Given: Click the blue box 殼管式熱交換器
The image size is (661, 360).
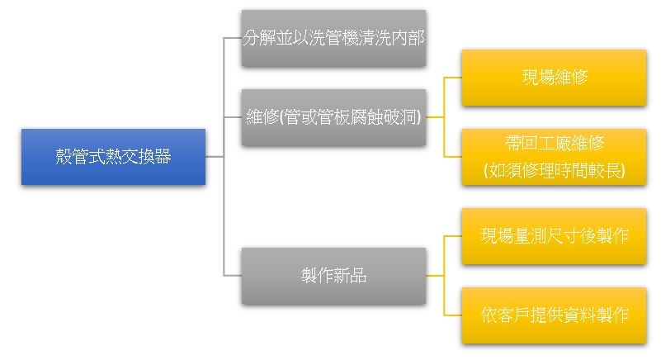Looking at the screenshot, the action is pos(113,157).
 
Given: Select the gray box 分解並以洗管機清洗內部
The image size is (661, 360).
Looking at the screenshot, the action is pos(333,38).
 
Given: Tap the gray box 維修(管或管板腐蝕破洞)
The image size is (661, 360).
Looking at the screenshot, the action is pos(333,117).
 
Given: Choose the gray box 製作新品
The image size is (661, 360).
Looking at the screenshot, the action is pos(333,276).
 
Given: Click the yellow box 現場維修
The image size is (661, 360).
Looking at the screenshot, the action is pos(554,78).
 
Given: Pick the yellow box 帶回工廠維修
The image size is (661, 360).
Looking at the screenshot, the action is pos(554,157).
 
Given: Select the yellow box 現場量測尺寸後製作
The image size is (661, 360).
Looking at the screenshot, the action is pos(554,236).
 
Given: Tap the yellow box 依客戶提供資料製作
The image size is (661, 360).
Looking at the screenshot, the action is pos(554,315).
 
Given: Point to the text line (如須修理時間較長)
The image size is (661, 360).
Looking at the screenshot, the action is pos(554,170).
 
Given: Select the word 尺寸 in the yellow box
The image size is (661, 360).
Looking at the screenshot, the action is pos(563,236).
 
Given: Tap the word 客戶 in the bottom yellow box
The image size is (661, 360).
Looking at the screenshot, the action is pos(513,315).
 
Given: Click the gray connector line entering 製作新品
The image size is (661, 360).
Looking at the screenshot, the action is pos(232,276).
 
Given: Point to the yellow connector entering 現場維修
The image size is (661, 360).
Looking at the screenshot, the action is pos(453,78).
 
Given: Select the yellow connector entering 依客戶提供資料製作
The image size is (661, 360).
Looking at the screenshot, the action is pos(453,315).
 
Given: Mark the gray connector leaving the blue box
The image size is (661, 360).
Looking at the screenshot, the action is pos(215,157).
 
